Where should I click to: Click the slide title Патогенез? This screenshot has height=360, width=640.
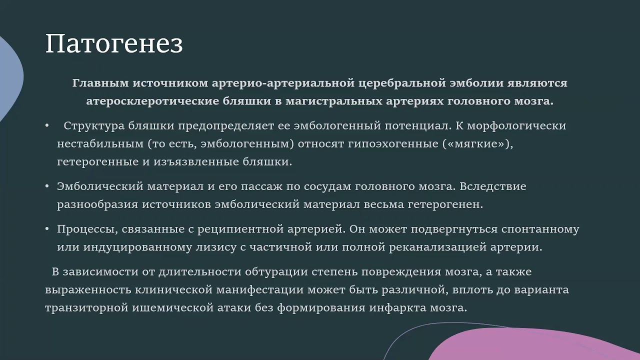(114, 44)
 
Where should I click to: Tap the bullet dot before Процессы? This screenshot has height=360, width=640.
(47, 229)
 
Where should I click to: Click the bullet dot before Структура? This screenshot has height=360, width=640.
(47, 125)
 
